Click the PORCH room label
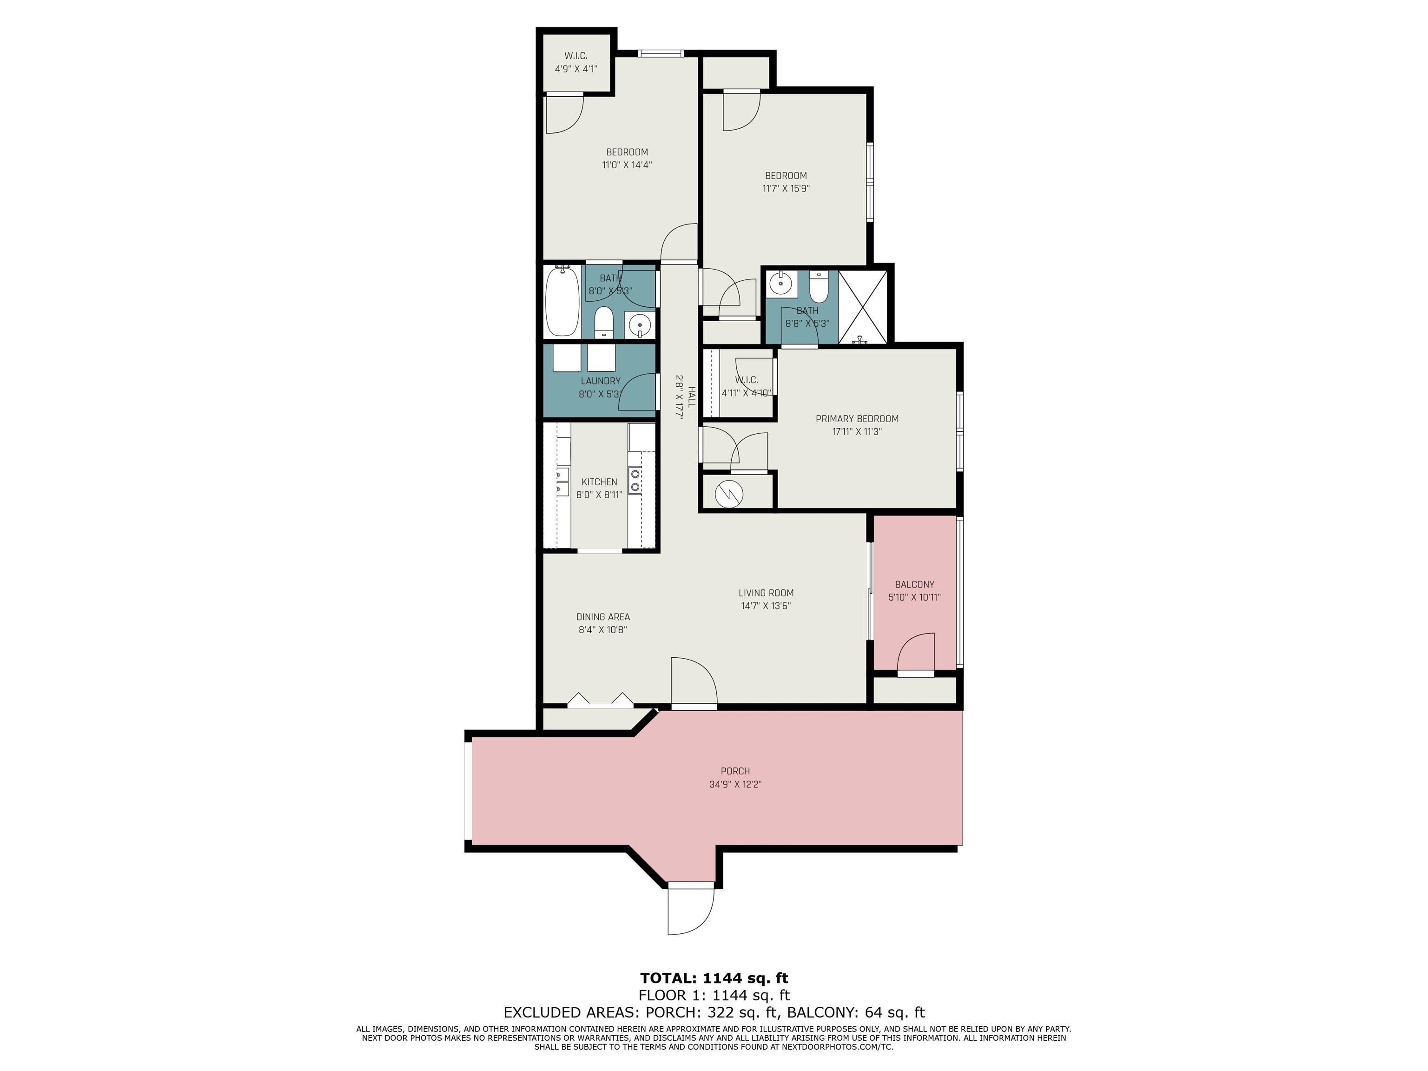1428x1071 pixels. click(735, 771)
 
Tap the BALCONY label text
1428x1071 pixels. click(914, 584)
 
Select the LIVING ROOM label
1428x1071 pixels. click(766, 593)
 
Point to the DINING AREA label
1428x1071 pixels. click(603, 616)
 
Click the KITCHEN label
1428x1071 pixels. click(599, 482)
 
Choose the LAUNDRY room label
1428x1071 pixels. click(601, 381)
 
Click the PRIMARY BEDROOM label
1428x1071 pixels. click(857, 418)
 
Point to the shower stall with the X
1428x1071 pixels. click(862, 307)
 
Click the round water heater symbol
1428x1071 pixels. click(729, 494)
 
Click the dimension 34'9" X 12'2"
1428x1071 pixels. click(735, 784)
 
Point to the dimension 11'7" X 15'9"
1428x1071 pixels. click(786, 189)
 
